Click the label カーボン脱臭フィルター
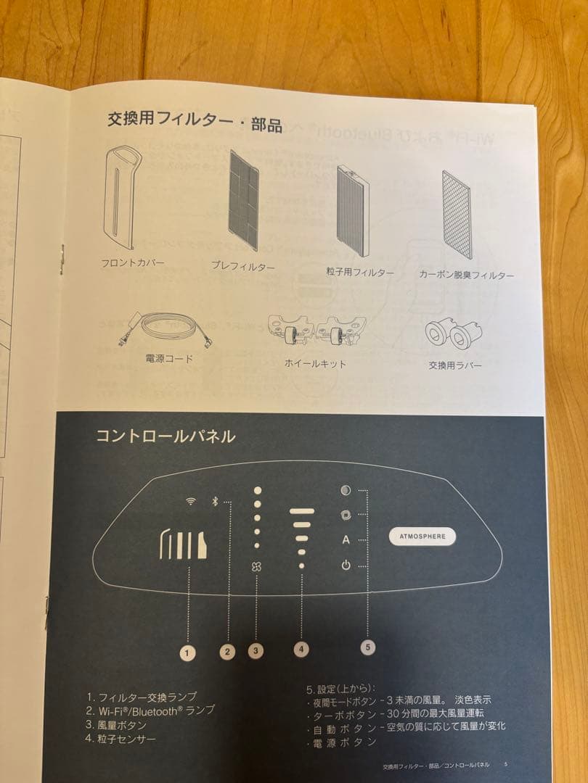tap(466, 275)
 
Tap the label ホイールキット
tap(315, 363)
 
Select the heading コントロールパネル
tap(166, 436)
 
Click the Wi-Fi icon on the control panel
tap(190, 502)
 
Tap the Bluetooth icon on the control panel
tap(214, 502)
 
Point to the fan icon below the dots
tap(257, 567)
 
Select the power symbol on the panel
tap(346, 565)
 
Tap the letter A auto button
tap(346, 540)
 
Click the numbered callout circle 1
tap(187, 652)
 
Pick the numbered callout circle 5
tap(368, 647)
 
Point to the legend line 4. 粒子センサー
tap(121, 739)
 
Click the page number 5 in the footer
tap(505, 765)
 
